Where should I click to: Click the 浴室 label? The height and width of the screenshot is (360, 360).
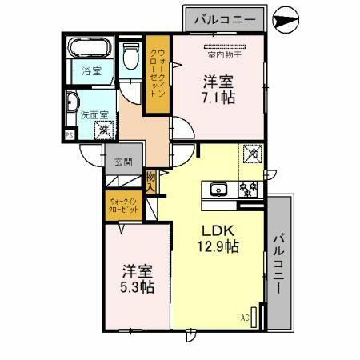(90, 71)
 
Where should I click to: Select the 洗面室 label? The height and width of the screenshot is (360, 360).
(91, 114)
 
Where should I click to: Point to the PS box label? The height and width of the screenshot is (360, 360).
(70, 136)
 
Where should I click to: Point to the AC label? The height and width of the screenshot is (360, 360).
(245, 318)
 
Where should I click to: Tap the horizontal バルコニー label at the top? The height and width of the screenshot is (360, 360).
(225, 17)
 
